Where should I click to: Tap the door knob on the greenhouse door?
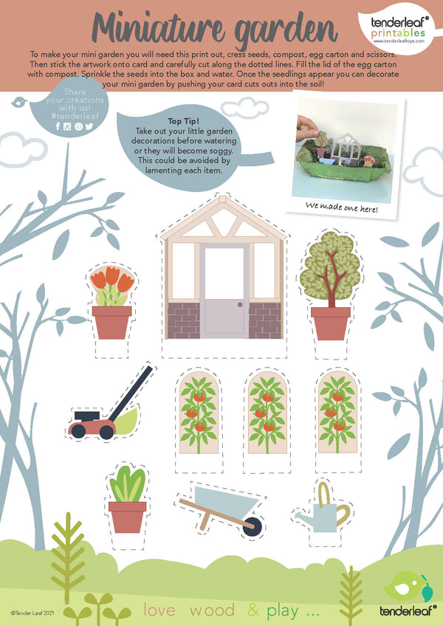point(240,304)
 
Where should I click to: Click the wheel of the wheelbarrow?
point(253,526)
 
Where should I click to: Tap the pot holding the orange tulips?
point(111,323)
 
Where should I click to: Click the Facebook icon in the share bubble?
point(58,126)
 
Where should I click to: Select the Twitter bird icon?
point(89,126)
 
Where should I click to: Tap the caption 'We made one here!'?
point(342,207)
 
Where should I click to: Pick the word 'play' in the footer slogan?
point(283,611)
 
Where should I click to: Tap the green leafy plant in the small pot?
point(128,484)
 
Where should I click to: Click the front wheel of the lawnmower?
point(78,431)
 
